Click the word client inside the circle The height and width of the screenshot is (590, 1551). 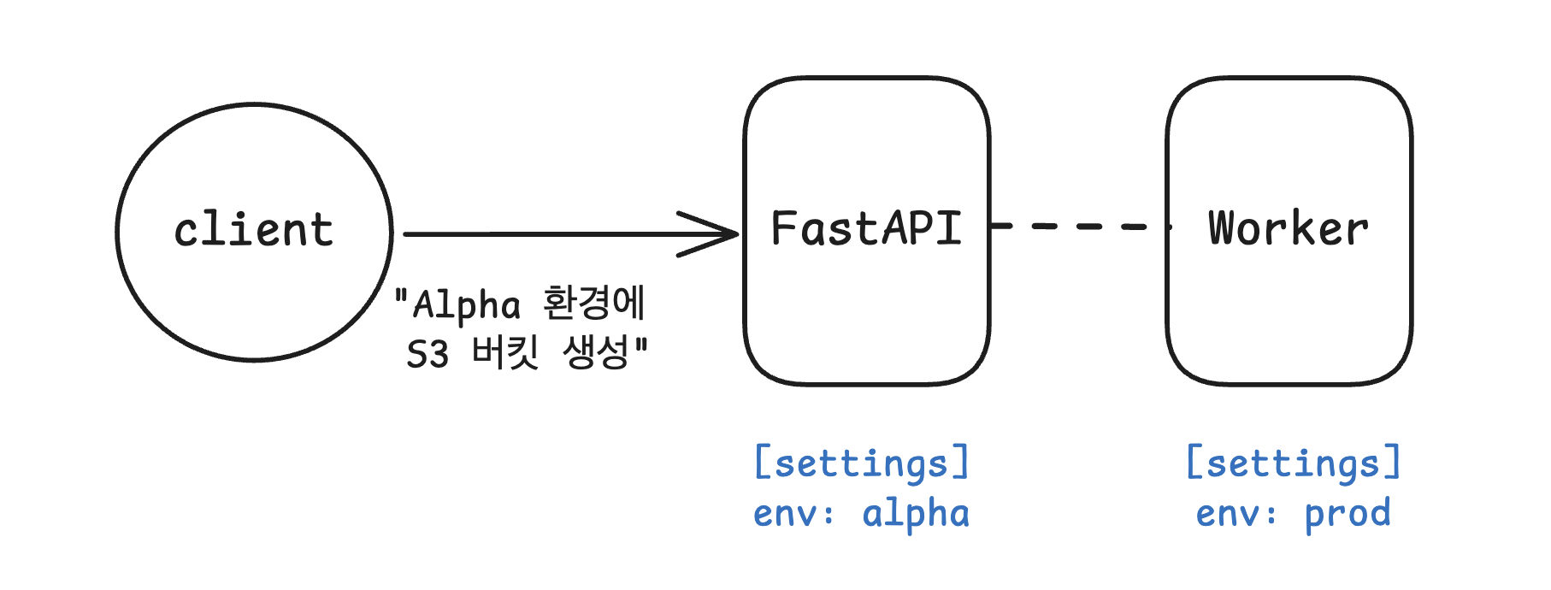point(253,230)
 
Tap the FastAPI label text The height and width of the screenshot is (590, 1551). point(866,228)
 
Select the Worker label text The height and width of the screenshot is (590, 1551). point(1289,228)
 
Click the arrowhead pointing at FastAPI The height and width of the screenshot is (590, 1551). point(718,233)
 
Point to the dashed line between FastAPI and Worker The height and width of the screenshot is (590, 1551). point(1079,227)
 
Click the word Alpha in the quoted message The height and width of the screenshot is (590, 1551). point(467,305)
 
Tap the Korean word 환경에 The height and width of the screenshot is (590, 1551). point(593,304)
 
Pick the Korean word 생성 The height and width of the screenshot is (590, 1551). point(596,351)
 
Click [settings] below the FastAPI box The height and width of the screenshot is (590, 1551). point(861,463)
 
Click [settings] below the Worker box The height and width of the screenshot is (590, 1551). point(1293,463)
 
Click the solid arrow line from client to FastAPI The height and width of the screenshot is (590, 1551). point(539,233)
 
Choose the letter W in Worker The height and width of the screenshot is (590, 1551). point(1225,228)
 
